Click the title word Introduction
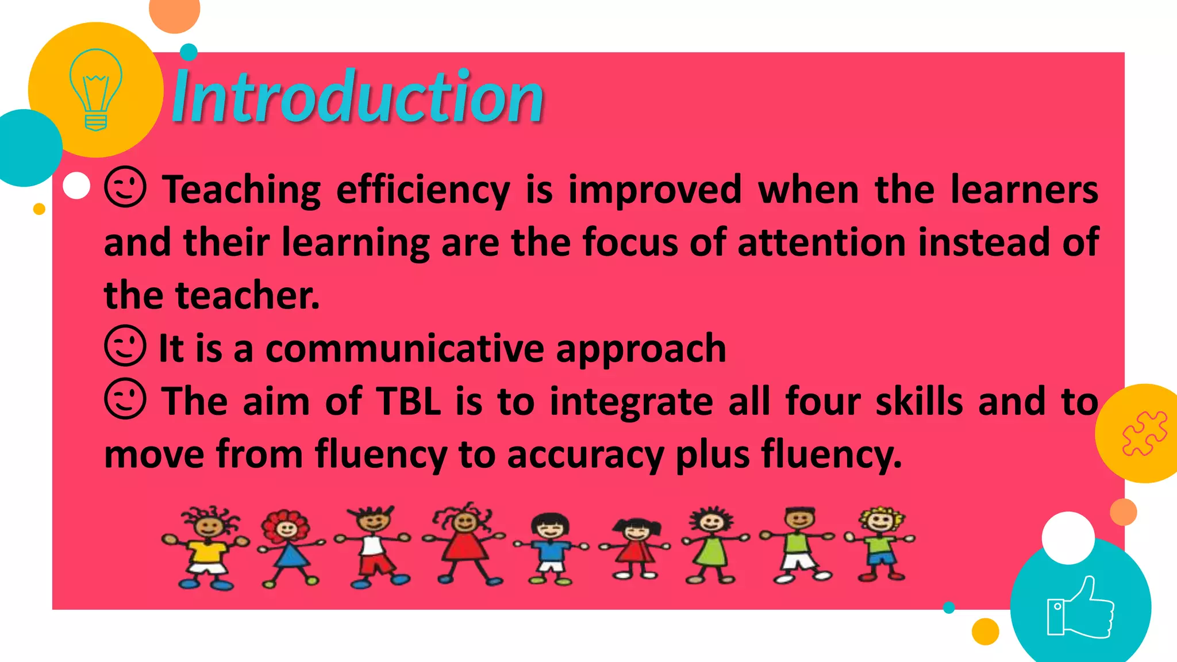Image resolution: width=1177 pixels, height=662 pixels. [x=357, y=97]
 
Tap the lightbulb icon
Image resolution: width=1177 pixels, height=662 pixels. [x=95, y=89]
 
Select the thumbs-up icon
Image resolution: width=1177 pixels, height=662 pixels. [x=1080, y=608]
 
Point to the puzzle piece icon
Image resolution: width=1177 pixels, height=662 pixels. [x=1144, y=434]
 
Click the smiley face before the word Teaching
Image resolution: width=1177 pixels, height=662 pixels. [x=125, y=187]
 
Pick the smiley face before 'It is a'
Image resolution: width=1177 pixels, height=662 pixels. [x=125, y=346]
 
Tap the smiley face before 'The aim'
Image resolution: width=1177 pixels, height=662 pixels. [x=125, y=399]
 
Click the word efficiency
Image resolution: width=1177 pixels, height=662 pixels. [x=423, y=190]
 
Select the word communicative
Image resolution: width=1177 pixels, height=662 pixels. [x=405, y=349]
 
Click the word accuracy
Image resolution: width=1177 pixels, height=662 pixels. [x=585, y=455]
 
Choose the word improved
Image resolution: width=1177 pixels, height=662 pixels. [x=655, y=190]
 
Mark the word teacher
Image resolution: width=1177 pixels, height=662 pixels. [x=247, y=296]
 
